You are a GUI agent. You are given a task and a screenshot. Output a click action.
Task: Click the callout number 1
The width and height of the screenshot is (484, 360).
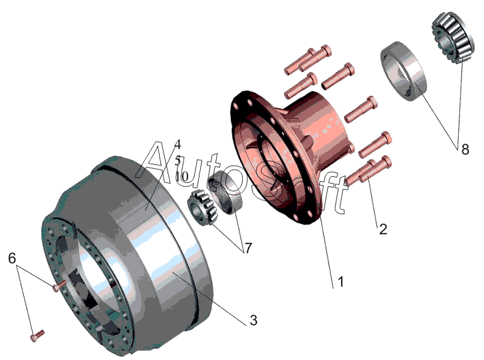(x=341, y=281)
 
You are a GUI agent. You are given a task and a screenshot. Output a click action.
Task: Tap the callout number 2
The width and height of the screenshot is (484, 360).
(x=383, y=230)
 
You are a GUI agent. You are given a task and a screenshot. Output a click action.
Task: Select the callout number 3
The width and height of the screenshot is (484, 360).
(x=253, y=320)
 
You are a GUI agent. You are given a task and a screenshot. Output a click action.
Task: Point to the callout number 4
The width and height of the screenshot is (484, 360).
(x=178, y=144)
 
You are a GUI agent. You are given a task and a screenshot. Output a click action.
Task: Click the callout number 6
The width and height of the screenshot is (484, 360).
(x=12, y=258)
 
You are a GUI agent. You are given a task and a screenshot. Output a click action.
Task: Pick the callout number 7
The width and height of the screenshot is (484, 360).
(x=248, y=248)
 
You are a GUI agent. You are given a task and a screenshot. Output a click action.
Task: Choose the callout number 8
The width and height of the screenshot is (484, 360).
(x=465, y=150)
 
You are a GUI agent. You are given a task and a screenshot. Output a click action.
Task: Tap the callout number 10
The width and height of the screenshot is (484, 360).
(x=181, y=176)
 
